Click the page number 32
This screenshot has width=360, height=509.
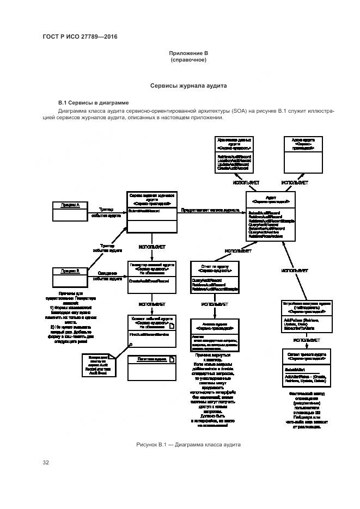46,463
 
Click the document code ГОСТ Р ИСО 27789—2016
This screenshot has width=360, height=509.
80,37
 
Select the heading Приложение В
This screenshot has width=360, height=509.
188,53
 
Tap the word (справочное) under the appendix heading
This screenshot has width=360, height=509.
188,60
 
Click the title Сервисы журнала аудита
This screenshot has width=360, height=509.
188,86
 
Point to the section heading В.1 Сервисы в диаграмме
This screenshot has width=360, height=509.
93,102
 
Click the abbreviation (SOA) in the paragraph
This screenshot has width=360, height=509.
238,111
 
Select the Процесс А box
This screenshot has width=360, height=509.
70,205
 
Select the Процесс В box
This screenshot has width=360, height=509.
70,270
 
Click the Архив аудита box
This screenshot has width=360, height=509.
301,155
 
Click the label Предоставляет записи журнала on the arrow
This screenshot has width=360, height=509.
210,210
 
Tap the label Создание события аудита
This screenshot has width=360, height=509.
107,275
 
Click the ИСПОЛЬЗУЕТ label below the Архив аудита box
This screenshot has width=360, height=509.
294,182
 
